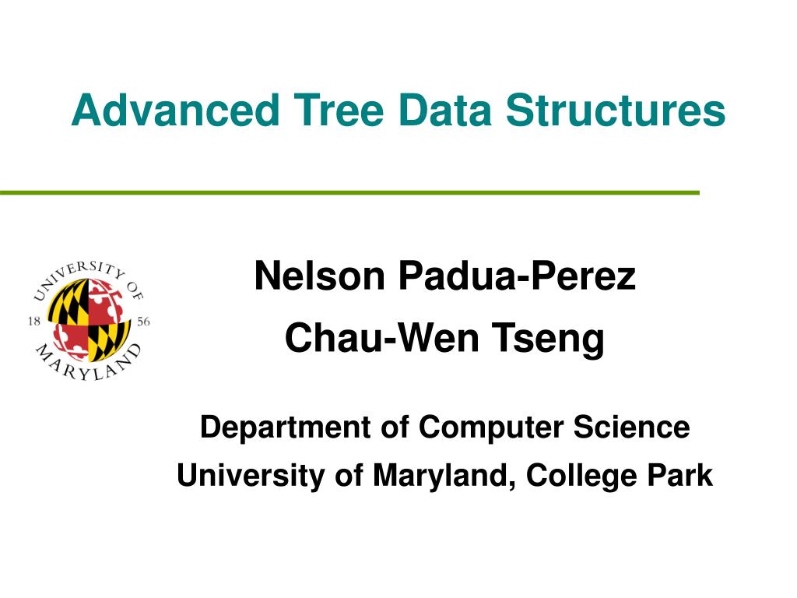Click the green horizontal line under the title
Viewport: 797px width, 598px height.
click(x=350, y=192)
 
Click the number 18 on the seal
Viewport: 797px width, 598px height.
click(x=34, y=321)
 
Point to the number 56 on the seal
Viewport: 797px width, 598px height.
click(x=142, y=321)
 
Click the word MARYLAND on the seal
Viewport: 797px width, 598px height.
click(x=88, y=369)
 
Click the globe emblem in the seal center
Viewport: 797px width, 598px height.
click(x=88, y=320)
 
